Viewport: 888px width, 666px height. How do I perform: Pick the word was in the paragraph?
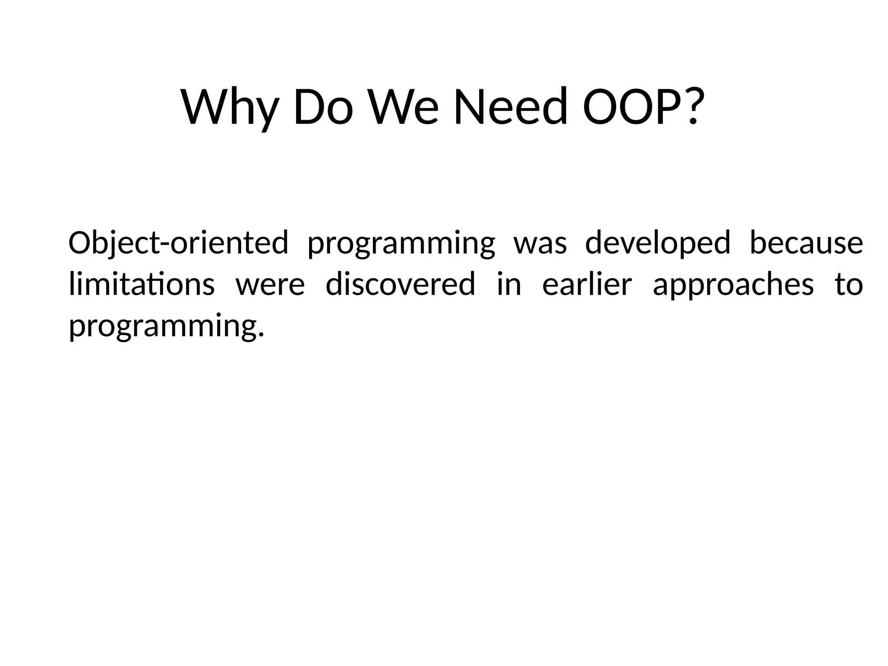tap(540, 244)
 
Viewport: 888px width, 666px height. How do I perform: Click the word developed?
tap(658, 244)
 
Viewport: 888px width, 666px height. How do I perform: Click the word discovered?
tap(400, 285)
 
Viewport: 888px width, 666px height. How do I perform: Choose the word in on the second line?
tap(509, 285)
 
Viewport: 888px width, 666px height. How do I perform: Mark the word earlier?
tap(587, 285)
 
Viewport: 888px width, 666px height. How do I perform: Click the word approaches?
tap(733, 286)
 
